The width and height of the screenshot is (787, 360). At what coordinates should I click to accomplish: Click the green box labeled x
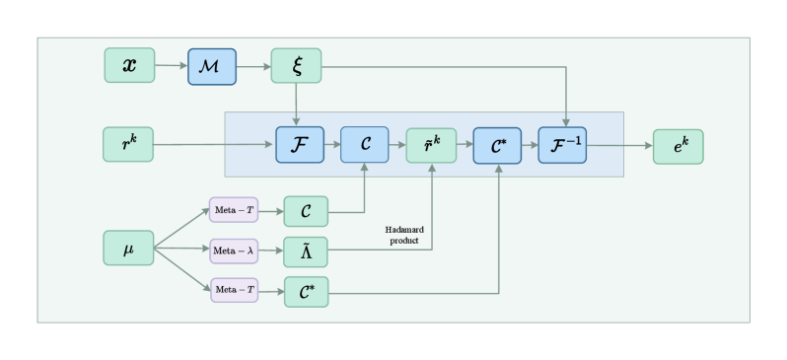pos(129,65)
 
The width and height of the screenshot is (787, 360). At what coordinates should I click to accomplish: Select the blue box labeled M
pos(213,65)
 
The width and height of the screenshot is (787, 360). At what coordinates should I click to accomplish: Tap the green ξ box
pos(296,65)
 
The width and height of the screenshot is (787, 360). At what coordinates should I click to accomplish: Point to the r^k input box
pos(128,144)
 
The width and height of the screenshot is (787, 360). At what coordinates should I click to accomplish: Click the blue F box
pos(300,145)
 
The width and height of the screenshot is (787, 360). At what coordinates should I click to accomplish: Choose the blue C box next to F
pos(366,145)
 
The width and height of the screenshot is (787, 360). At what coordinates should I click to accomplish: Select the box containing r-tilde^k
pos(432,145)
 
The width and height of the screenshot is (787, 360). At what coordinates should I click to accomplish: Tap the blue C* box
pos(497,145)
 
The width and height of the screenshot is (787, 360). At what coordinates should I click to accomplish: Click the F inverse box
pos(563,145)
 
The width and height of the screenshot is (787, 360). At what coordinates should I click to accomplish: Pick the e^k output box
pos(679,146)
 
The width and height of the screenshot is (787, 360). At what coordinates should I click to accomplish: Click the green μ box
pos(128,248)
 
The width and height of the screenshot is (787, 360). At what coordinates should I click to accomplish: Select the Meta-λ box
pos(234,251)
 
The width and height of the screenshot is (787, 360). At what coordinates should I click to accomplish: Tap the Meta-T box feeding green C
pos(234,209)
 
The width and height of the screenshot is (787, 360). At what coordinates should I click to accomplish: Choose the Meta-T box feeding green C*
pos(234,291)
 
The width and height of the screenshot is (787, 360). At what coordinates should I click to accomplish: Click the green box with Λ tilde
pos(305,251)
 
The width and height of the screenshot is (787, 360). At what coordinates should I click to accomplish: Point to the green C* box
pos(305,292)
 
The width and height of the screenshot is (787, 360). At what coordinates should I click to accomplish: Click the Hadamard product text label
pos(402,235)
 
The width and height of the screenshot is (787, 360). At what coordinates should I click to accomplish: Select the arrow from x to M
pos(171,66)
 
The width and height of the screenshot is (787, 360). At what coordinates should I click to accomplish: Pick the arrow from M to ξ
pos(253,66)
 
